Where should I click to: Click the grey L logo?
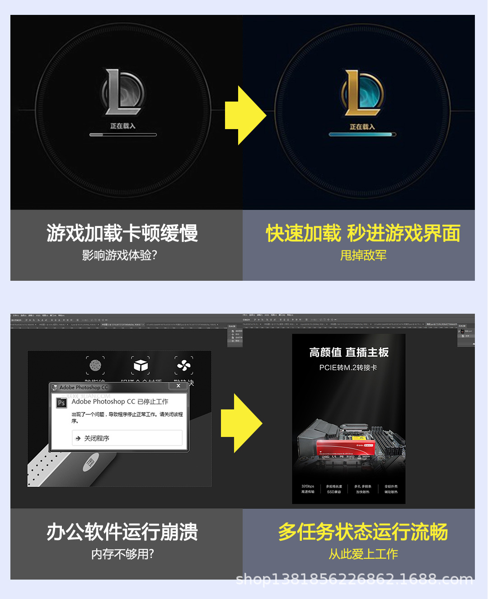[x=122, y=92]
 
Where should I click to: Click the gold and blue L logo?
[x=362, y=93]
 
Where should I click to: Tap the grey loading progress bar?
[x=123, y=135]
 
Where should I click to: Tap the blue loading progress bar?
[x=362, y=135]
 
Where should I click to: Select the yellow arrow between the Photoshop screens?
[x=241, y=423]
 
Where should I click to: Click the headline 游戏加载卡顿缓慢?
[x=122, y=233]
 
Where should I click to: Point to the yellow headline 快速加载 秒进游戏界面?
[x=363, y=233]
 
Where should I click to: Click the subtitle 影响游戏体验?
[x=119, y=255]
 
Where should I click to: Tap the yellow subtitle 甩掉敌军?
[x=363, y=255]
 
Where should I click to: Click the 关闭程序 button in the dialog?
[x=127, y=438]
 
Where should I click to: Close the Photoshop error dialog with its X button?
[x=178, y=386]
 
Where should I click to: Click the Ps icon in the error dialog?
[x=61, y=403]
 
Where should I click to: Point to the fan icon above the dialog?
[x=184, y=365]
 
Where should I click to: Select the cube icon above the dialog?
[x=141, y=365]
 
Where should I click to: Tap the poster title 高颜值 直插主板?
[x=349, y=353]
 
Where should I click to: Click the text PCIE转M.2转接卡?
[x=348, y=367]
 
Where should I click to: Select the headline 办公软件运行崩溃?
[x=122, y=532]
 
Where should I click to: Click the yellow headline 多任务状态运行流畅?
[x=363, y=532]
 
